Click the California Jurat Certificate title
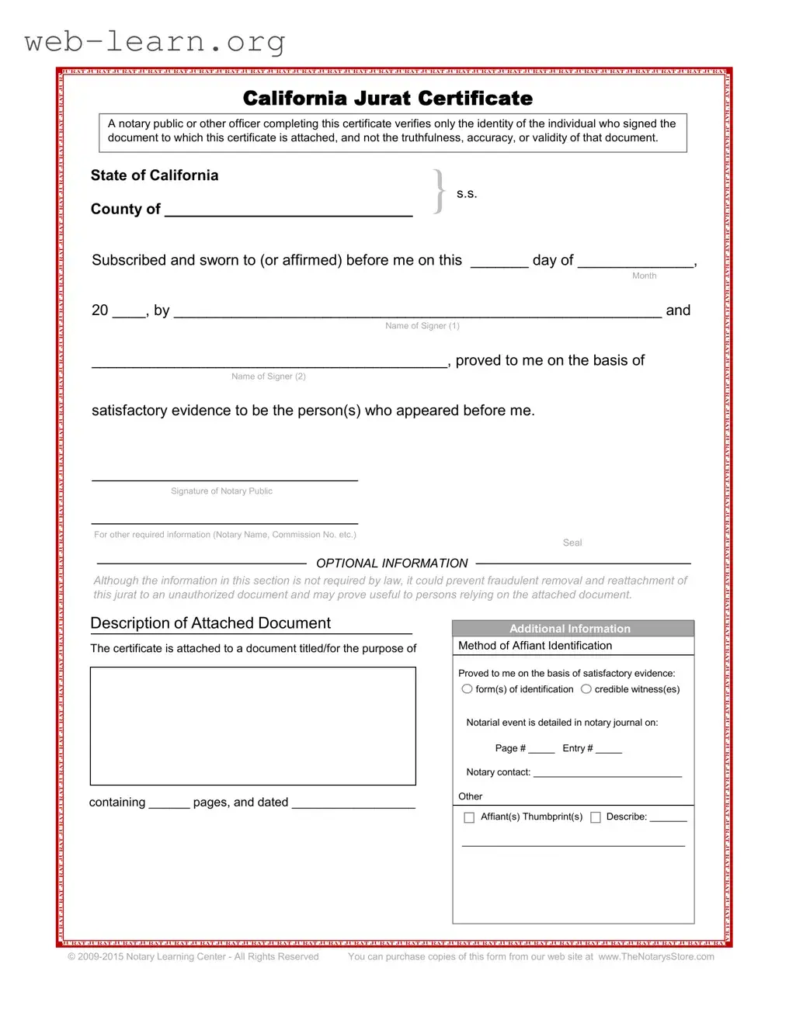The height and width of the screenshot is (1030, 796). pyautogui.click(x=388, y=99)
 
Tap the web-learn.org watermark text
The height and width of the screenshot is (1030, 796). pyautogui.click(x=155, y=42)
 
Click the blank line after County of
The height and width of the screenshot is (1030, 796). pyautogui.click(x=288, y=210)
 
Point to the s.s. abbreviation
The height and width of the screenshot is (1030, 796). pyautogui.click(x=467, y=194)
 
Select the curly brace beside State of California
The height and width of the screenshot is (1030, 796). pyautogui.click(x=440, y=192)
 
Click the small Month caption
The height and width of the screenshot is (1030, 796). pyautogui.click(x=644, y=276)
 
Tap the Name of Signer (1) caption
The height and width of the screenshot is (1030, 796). pyautogui.click(x=422, y=326)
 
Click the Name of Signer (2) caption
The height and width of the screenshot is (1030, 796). pyautogui.click(x=269, y=376)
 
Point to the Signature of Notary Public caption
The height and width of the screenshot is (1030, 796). pyautogui.click(x=221, y=491)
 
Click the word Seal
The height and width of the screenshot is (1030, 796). pyautogui.click(x=572, y=543)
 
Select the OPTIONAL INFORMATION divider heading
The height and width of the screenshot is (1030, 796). pyautogui.click(x=392, y=564)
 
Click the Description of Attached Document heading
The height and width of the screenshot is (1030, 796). pyautogui.click(x=210, y=623)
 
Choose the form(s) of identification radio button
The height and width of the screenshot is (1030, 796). pyautogui.click(x=467, y=689)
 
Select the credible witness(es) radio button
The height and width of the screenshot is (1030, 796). pyautogui.click(x=586, y=689)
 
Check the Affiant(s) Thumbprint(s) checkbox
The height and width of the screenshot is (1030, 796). pyautogui.click(x=469, y=817)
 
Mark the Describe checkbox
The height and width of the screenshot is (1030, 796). pyautogui.click(x=596, y=817)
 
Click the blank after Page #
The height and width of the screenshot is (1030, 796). pyautogui.click(x=541, y=750)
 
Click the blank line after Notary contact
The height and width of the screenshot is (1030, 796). pyautogui.click(x=607, y=774)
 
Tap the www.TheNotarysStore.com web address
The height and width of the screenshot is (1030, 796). pyautogui.click(x=656, y=957)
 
